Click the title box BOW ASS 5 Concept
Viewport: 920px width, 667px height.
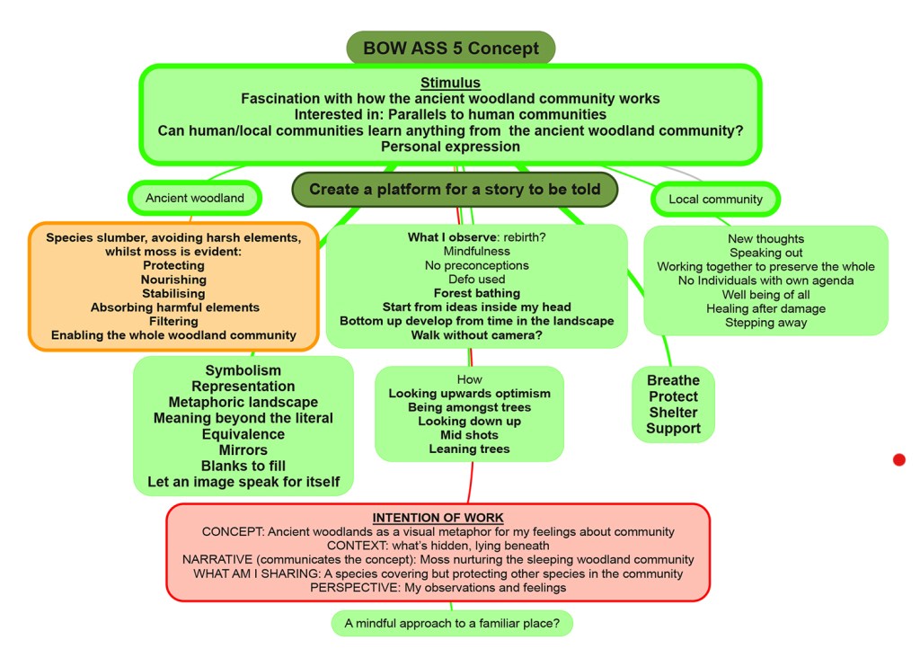tap(450, 48)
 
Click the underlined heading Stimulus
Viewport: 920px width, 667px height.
tap(450, 84)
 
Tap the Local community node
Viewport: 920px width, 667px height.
tap(715, 199)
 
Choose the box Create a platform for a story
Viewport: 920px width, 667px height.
tap(455, 190)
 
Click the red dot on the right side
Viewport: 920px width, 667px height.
tap(899, 460)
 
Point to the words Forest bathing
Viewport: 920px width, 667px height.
tap(476, 293)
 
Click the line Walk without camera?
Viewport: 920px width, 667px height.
tap(476, 335)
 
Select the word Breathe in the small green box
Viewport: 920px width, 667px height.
tap(673, 380)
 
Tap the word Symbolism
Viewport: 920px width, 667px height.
tap(243, 370)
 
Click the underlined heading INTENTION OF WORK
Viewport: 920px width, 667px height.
tap(438, 518)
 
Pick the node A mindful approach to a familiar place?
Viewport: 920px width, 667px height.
tap(452, 623)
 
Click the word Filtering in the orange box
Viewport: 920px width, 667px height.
tap(173, 321)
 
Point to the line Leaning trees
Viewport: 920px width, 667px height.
tap(469, 449)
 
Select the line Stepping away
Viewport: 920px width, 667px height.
tap(765, 323)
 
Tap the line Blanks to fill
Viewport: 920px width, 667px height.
tap(243, 467)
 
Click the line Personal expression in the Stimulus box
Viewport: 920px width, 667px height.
tap(450, 147)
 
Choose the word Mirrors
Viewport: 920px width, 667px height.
tap(243, 450)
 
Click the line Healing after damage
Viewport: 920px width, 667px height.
tap(765, 308)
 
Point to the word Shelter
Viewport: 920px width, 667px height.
tap(673, 413)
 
